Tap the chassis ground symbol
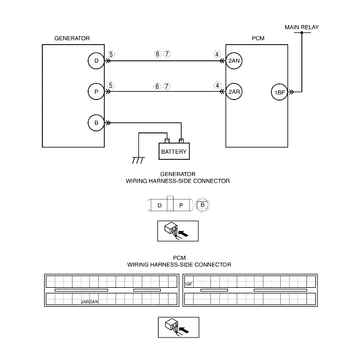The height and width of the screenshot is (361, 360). point(138,160)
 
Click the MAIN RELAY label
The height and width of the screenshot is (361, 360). point(301,27)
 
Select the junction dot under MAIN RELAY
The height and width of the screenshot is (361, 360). point(301,33)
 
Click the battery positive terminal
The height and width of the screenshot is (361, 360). point(181,141)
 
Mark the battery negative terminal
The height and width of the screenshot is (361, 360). point(167,141)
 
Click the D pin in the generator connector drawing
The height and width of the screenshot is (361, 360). point(160,205)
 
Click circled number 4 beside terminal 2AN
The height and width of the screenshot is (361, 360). point(217,55)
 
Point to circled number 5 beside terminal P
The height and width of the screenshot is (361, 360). point(111,85)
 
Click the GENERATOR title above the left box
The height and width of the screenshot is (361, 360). point(72,38)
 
